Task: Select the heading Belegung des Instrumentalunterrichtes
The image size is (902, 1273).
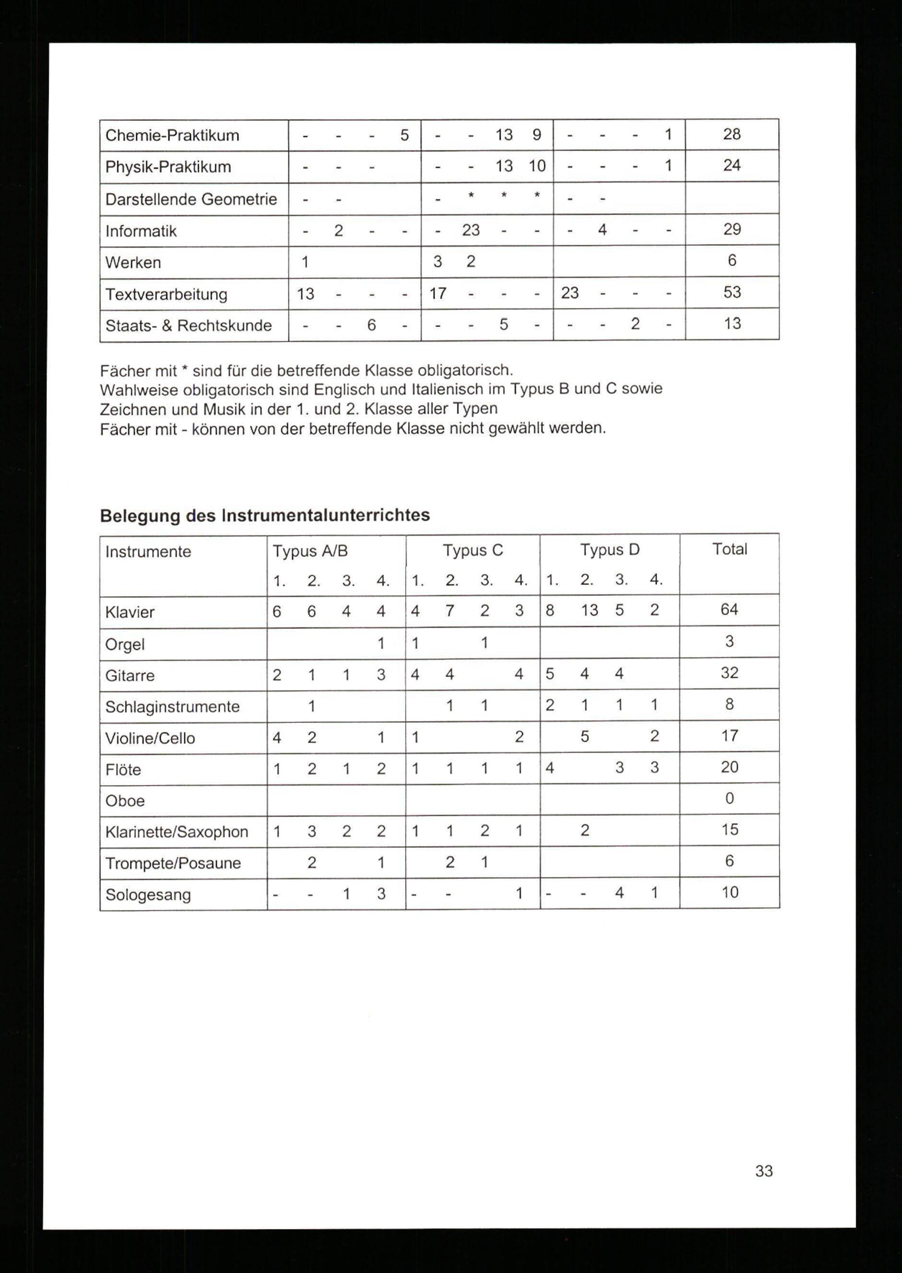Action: [x=264, y=515]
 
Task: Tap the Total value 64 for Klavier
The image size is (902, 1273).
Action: [x=729, y=610]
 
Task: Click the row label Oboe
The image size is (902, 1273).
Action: [x=125, y=800]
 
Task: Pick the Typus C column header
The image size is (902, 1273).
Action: [x=473, y=551]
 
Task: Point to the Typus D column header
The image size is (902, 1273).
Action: [x=610, y=550]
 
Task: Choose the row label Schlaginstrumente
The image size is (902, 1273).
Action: [x=172, y=707]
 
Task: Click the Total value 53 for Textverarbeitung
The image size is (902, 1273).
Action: [x=732, y=292]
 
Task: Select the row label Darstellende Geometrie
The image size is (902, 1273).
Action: [x=191, y=199]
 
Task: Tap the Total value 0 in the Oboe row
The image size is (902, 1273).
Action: [x=729, y=798]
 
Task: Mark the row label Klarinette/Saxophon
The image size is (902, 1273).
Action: [x=177, y=832]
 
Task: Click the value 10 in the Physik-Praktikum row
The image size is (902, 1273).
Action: [x=537, y=165]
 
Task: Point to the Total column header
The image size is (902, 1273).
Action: [x=729, y=549]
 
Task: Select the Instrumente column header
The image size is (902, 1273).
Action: [x=148, y=551]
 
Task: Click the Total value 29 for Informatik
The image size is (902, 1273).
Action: [x=732, y=230]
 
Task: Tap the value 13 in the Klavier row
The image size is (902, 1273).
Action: [x=589, y=611]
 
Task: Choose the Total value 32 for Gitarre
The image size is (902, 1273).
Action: [x=729, y=673]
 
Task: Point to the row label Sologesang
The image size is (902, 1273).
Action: [x=148, y=895]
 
